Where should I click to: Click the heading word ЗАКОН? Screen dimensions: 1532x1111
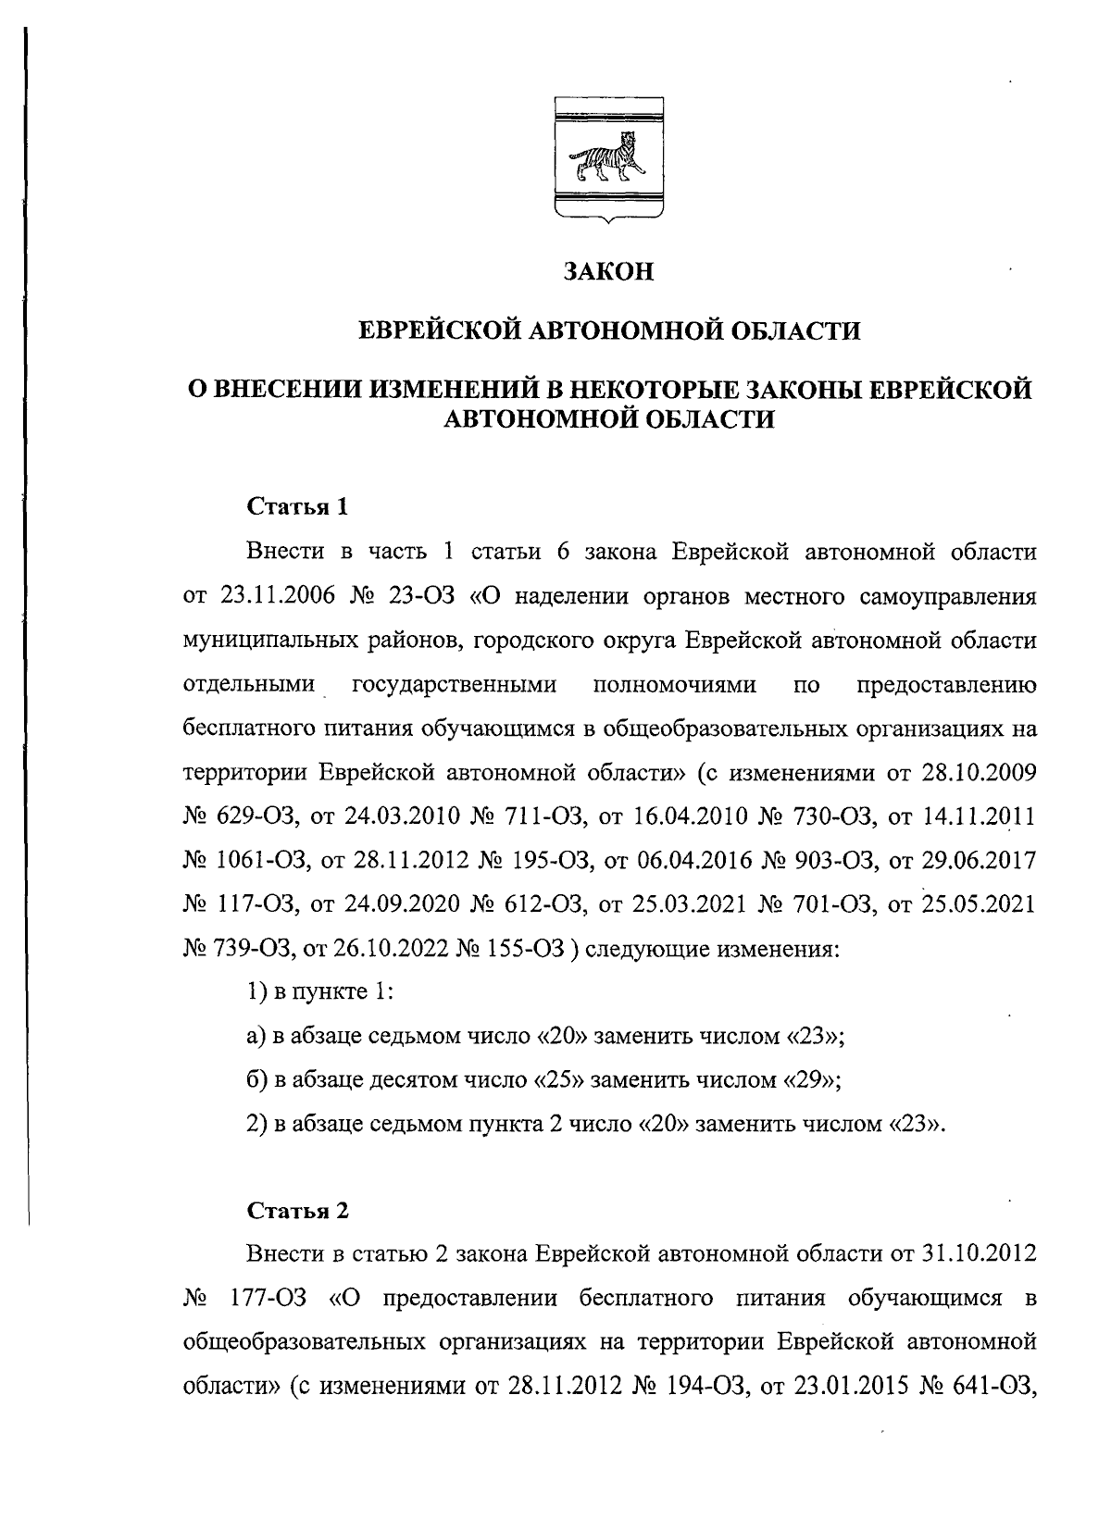pos(609,271)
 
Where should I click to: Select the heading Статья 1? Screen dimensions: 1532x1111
pos(298,508)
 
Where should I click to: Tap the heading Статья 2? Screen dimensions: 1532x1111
pos(298,1211)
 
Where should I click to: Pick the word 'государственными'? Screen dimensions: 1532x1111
pos(455,685)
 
